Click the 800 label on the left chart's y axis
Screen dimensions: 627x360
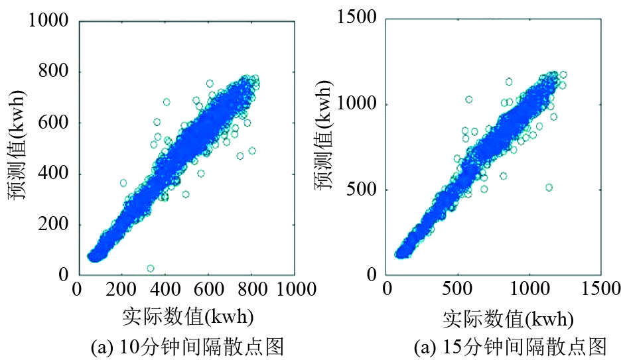pyautogui.click(x=53, y=71)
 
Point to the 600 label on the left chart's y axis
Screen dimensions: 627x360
pyautogui.click(x=53, y=122)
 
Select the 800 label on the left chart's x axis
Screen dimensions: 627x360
pyautogui.click(x=252, y=289)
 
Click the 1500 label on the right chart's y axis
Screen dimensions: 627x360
pyautogui.click(x=357, y=17)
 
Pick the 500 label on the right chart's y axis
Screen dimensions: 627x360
pyautogui.click(x=362, y=190)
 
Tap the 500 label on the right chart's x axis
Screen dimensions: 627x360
pyautogui.click(x=457, y=289)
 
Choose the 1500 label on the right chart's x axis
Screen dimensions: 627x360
pyautogui.click(x=601, y=289)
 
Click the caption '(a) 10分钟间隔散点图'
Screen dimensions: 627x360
pyautogui.click(x=187, y=347)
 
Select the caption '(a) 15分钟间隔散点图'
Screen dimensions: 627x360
pyautogui.click(x=510, y=347)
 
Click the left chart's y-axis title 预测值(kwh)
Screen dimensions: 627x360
pyautogui.click(x=17, y=145)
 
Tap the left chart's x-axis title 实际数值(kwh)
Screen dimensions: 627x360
pyautogui.click(x=188, y=317)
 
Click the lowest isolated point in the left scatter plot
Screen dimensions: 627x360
pyautogui.click(x=151, y=268)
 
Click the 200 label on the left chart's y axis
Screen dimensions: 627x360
pyautogui.click(x=53, y=225)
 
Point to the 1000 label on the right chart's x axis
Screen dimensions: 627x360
pyautogui.click(x=530, y=289)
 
